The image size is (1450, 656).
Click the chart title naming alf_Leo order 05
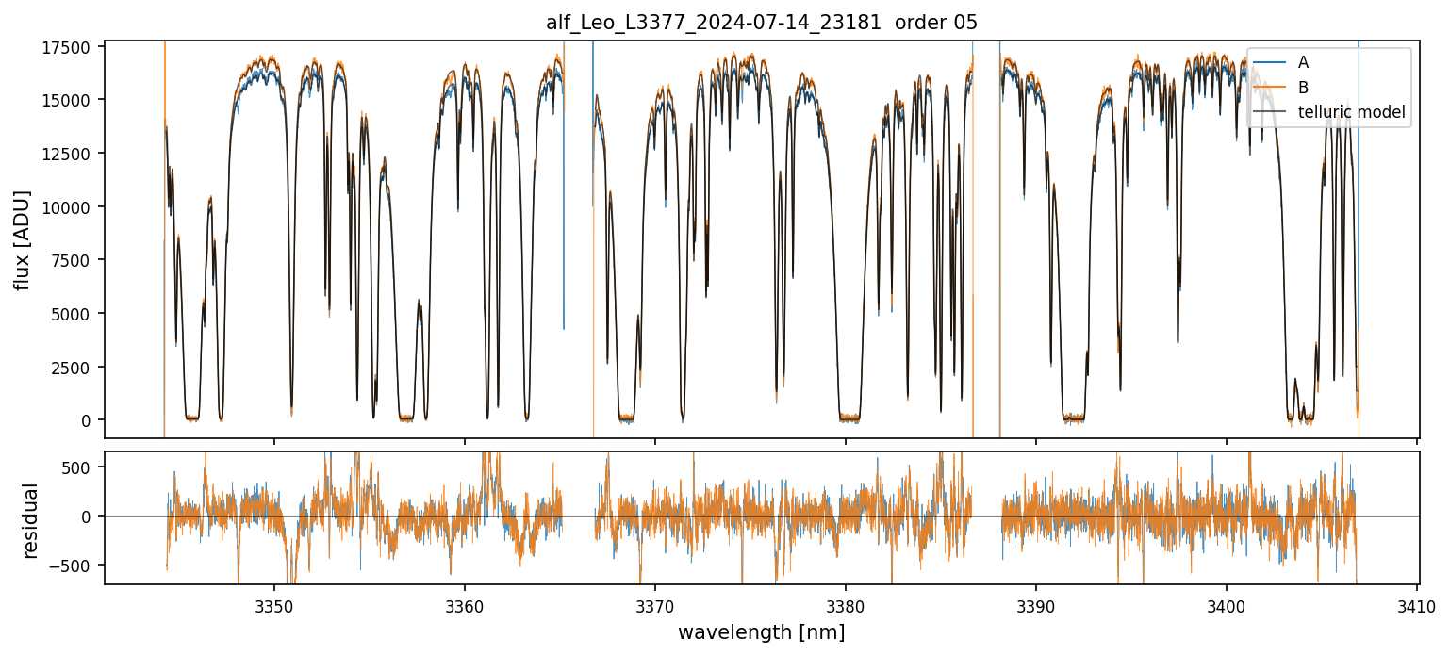tap(762, 23)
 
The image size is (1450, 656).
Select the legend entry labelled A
tap(1303, 62)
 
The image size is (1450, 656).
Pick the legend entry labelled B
tap(1303, 88)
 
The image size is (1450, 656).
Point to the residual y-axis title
tap(30, 520)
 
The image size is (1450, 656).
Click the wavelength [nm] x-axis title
tap(761, 631)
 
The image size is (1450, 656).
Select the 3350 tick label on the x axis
tap(274, 603)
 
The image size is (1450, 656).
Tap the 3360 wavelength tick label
tap(465, 603)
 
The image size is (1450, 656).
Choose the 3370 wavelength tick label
tap(655, 603)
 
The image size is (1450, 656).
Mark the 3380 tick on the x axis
tap(846, 603)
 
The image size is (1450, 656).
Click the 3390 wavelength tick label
tap(1036, 603)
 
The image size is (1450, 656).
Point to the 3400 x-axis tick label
tap(1227, 603)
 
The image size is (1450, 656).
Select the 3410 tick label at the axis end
tap(1417, 603)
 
